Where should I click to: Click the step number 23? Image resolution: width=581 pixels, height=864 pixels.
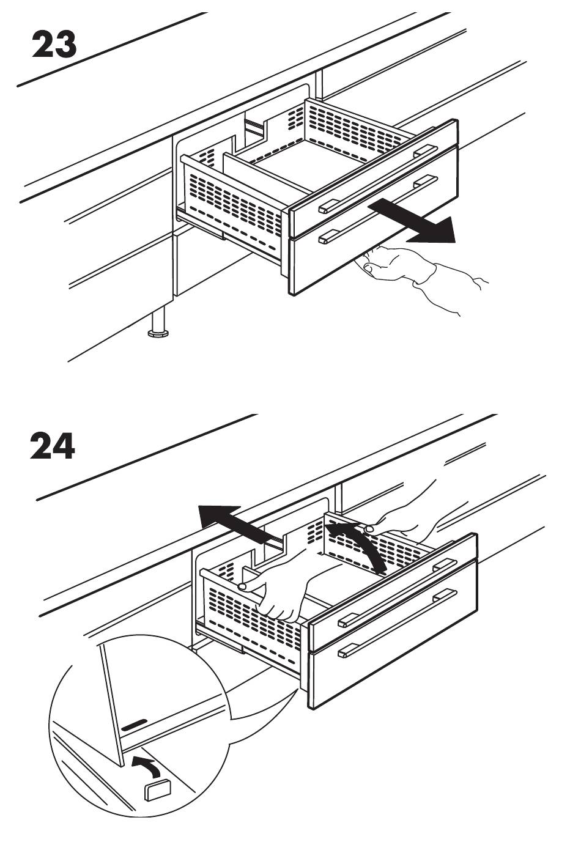click(x=54, y=45)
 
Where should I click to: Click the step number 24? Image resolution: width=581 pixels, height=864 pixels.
click(x=53, y=446)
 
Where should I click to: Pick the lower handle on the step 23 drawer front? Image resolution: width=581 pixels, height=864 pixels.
click(x=378, y=210)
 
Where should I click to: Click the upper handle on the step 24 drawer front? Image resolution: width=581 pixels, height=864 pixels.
click(x=398, y=592)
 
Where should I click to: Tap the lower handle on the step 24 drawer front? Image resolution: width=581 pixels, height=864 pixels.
click(x=398, y=622)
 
